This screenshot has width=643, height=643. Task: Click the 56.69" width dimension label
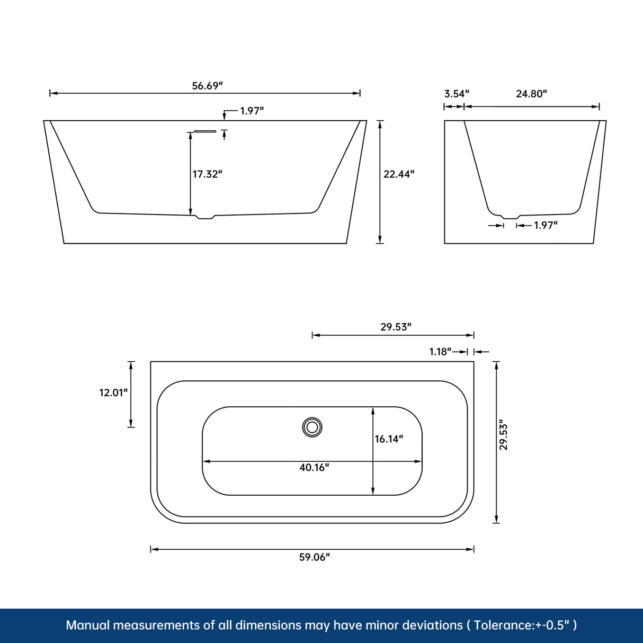207,86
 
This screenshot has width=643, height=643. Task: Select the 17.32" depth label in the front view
207,174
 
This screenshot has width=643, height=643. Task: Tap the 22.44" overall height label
399,174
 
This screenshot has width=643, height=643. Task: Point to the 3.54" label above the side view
457,94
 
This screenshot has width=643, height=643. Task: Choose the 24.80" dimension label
531,94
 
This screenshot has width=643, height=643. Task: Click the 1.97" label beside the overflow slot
252,111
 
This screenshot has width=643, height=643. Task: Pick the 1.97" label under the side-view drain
546,226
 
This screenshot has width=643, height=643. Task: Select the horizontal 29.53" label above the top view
396,327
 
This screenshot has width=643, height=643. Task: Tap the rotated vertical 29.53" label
504,436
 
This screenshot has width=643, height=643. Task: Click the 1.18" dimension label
440,352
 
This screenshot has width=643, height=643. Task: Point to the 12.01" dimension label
114,392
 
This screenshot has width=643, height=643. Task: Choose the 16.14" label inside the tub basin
389,439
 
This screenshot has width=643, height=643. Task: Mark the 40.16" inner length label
314,468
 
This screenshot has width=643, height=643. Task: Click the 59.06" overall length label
314,557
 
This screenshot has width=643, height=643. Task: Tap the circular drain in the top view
312,427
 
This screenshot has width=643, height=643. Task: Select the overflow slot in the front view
206,131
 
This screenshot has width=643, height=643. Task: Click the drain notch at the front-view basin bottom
205,217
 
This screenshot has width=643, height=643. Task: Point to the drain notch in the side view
510,217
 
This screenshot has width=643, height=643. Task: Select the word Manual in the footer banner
87,626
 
